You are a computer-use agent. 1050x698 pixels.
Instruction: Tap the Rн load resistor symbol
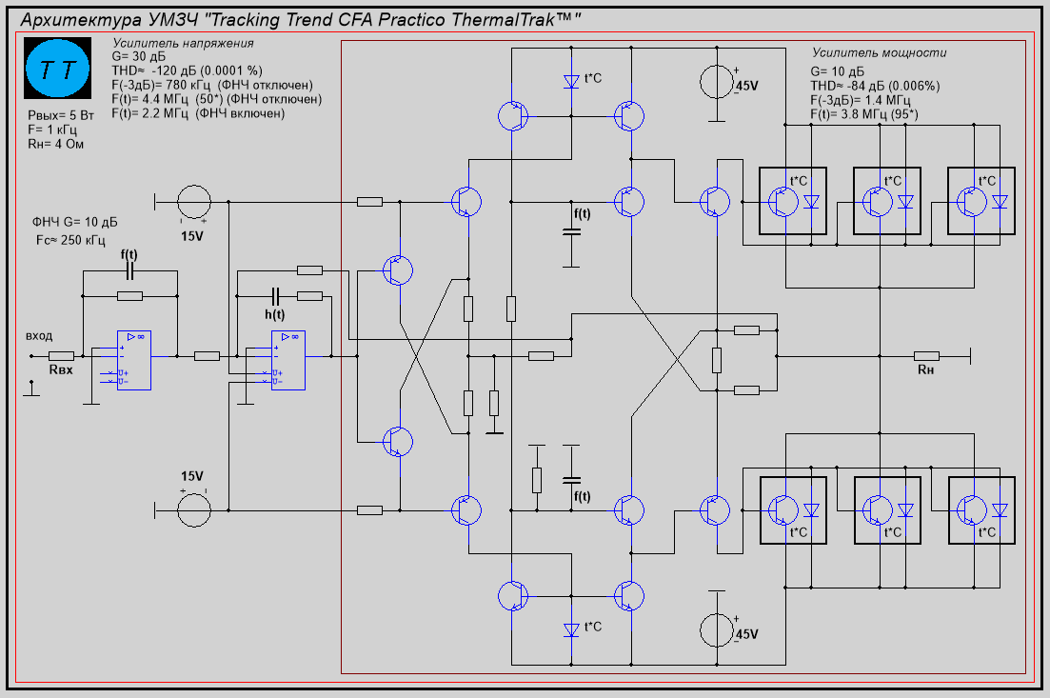click(x=925, y=355)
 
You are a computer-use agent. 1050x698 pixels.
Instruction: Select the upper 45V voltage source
click(x=716, y=83)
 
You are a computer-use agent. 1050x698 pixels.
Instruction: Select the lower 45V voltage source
click(x=716, y=629)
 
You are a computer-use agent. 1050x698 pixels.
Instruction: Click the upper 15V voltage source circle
click(x=194, y=202)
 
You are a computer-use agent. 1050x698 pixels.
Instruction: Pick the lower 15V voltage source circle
click(x=194, y=509)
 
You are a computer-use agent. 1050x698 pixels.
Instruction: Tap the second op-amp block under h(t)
click(x=288, y=360)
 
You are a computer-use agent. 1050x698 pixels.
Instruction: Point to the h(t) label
click(x=274, y=313)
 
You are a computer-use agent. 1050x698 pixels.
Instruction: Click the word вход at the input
click(x=39, y=336)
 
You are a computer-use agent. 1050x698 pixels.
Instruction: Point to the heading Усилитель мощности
click(x=879, y=53)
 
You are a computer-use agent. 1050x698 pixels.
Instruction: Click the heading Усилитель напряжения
click(x=182, y=44)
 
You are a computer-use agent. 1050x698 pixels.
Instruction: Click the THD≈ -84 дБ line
click(x=875, y=85)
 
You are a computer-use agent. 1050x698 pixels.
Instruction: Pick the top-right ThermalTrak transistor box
click(x=981, y=201)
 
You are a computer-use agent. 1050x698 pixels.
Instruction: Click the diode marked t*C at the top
click(x=571, y=82)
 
